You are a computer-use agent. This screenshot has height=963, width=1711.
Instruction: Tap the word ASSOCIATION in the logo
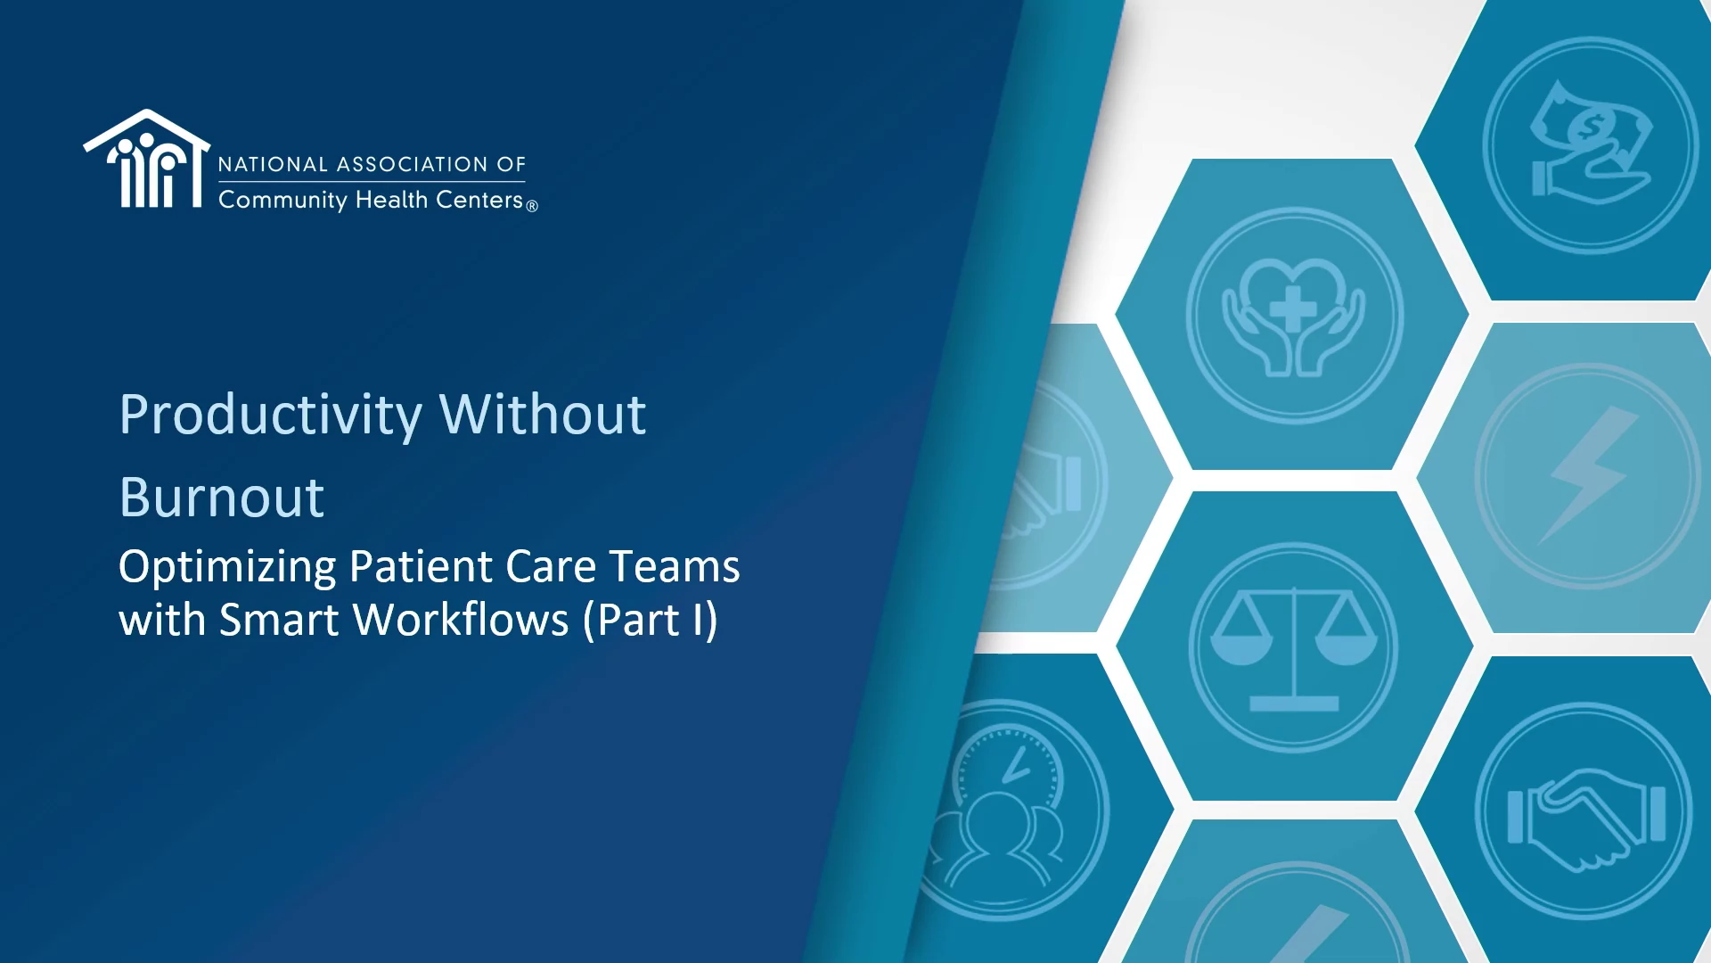(413, 165)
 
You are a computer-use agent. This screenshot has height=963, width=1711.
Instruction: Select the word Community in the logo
(282, 201)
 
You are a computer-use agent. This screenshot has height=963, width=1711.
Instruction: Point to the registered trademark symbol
(532, 206)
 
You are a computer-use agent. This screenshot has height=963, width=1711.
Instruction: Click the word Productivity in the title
(271, 416)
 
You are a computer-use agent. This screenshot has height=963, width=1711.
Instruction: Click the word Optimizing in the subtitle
(227, 568)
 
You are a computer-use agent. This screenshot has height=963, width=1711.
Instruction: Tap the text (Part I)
(651, 620)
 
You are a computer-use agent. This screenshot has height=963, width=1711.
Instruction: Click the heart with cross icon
(1294, 316)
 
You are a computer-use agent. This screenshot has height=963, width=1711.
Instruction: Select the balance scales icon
(1294, 648)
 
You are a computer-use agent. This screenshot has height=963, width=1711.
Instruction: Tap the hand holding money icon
(1591, 143)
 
